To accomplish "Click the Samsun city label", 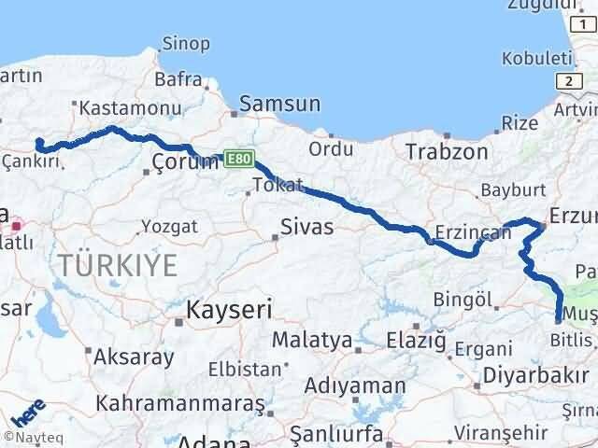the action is pos(279,105).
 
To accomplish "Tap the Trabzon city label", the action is pos(447,151).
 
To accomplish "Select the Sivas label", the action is pos(306,226).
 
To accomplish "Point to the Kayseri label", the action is pos(228,310).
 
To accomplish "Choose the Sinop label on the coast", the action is pos(186,42).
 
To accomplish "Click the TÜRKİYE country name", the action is pos(118,265).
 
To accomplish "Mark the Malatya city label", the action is pos(312,341).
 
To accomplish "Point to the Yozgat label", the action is pos(170,226).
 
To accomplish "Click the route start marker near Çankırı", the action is pos(39,143).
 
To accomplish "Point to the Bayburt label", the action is pos(505,190).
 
